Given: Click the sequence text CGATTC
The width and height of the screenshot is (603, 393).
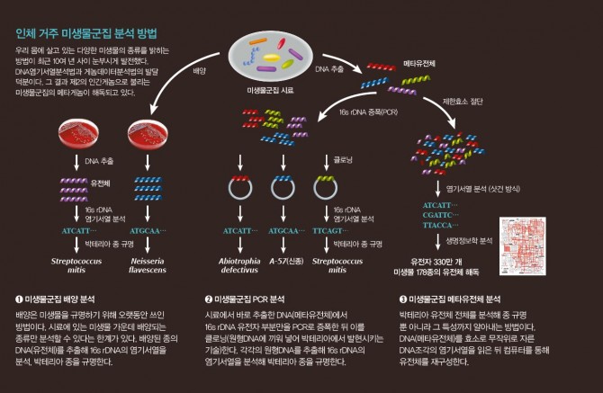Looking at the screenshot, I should pyautogui.click(x=438, y=216).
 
